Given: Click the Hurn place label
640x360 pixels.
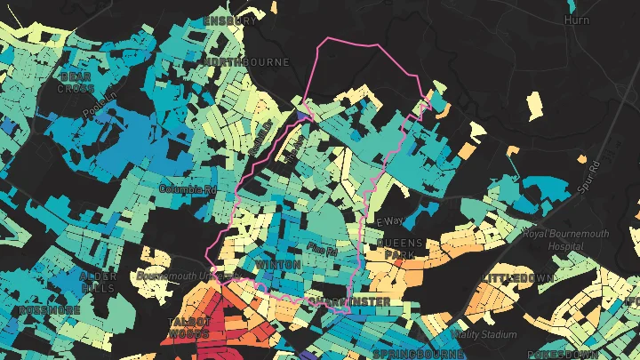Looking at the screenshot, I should click(577, 20).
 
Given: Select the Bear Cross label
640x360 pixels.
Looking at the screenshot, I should click(76, 83).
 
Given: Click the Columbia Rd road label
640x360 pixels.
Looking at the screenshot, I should click(188, 189).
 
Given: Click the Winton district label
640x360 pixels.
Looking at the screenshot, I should click(272, 266).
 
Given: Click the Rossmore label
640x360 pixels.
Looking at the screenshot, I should click(39, 310).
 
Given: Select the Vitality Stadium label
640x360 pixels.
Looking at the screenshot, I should click(484, 335).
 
